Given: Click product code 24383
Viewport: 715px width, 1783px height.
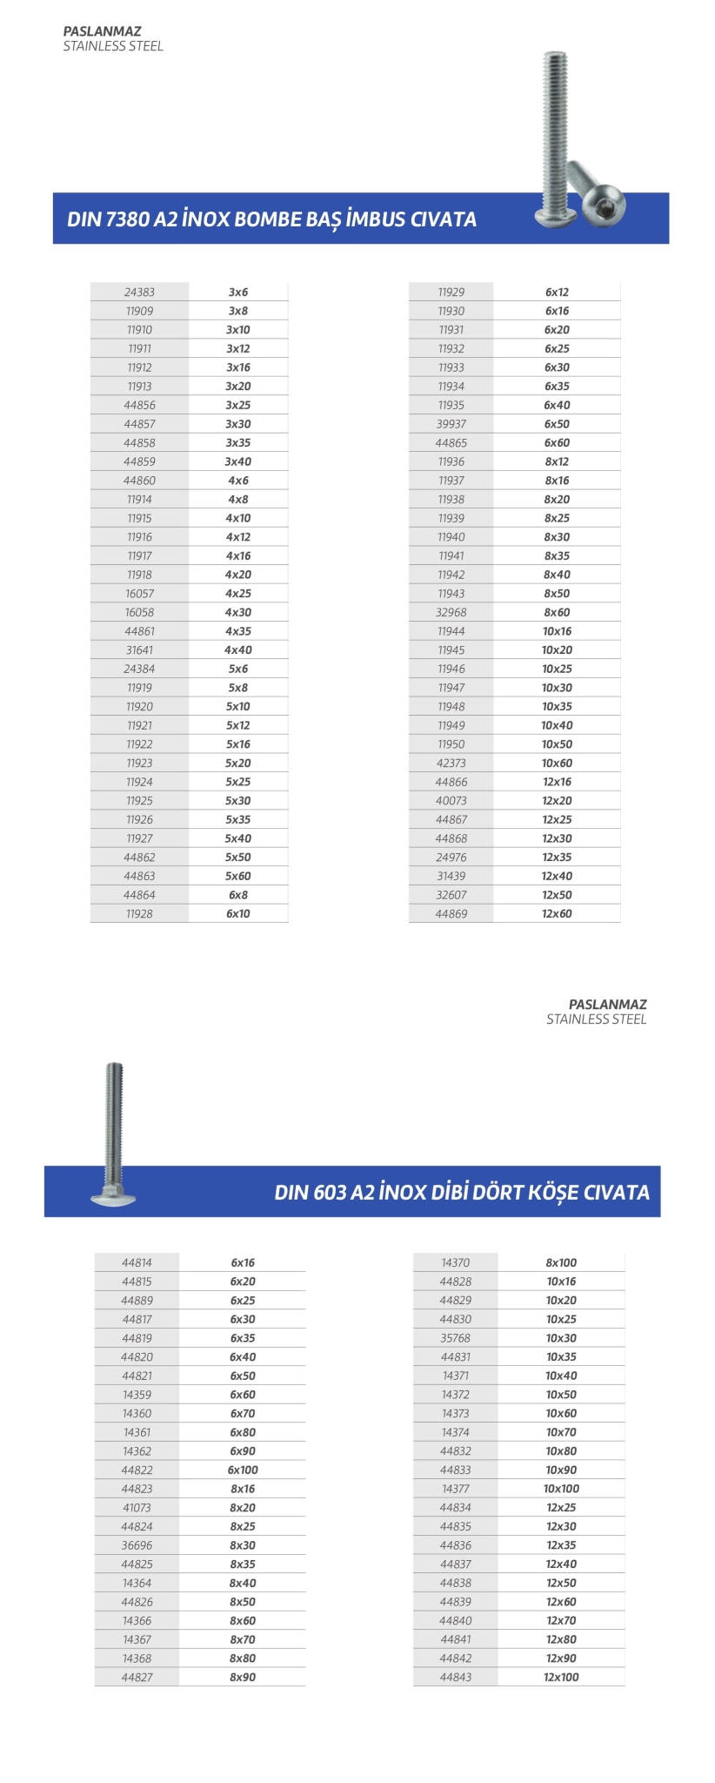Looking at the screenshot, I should (x=139, y=293).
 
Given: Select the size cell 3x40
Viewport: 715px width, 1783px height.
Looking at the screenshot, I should (x=238, y=461).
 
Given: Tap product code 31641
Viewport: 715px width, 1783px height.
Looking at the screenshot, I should (x=139, y=650).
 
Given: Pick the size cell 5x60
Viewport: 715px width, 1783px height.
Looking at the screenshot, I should (x=238, y=876).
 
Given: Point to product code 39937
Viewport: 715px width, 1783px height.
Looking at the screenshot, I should (x=451, y=424).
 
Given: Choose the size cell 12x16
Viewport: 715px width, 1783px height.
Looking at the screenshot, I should (x=557, y=782).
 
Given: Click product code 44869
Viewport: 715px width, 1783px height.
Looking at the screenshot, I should (x=451, y=914).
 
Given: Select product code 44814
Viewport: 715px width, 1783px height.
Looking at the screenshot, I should (x=137, y=1262).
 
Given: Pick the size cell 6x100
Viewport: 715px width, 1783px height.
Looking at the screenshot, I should (x=243, y=1470).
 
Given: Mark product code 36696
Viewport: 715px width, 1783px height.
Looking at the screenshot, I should (x=137, y=1545).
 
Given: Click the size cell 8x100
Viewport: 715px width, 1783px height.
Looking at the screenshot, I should (x=561, y=1262).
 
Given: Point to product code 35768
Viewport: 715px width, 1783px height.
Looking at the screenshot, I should (x=455, y=1338).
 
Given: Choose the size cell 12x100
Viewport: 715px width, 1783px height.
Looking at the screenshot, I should (x=561, y=1677).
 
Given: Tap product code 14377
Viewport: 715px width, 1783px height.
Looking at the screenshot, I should (x=455, y=1489).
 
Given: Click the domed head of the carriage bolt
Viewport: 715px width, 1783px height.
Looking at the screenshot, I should (x=113, y=1196).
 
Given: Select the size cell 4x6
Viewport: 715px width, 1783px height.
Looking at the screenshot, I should (x=238, y=481).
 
